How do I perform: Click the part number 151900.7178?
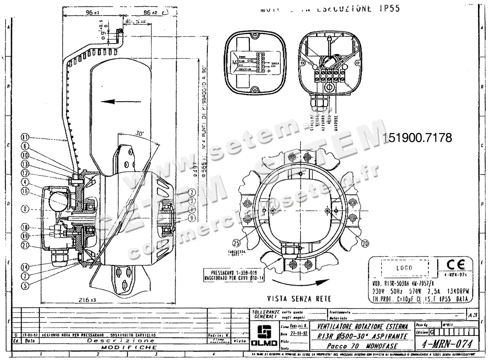(418, 138)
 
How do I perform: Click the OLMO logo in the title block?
(261, 335)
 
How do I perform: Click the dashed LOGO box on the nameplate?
(404, 268)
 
